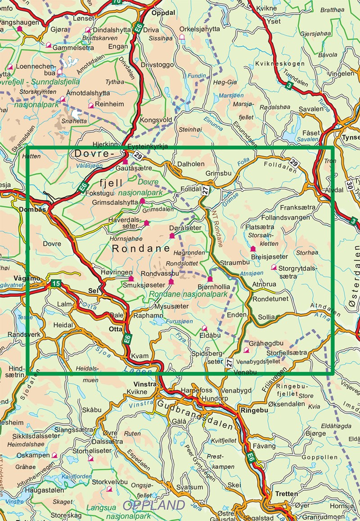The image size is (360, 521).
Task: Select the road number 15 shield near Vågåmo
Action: click(55, 283)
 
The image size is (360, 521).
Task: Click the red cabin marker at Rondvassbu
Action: click(171, 282)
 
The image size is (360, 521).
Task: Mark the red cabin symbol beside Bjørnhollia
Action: click(210, 279)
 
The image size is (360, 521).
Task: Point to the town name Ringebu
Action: click(254, 410)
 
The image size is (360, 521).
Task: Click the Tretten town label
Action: click(287, 494)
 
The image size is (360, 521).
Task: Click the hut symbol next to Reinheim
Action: click(91, 105)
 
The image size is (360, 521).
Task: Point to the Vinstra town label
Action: click(145, 384)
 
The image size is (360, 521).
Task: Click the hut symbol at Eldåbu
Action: click(204, 328)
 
